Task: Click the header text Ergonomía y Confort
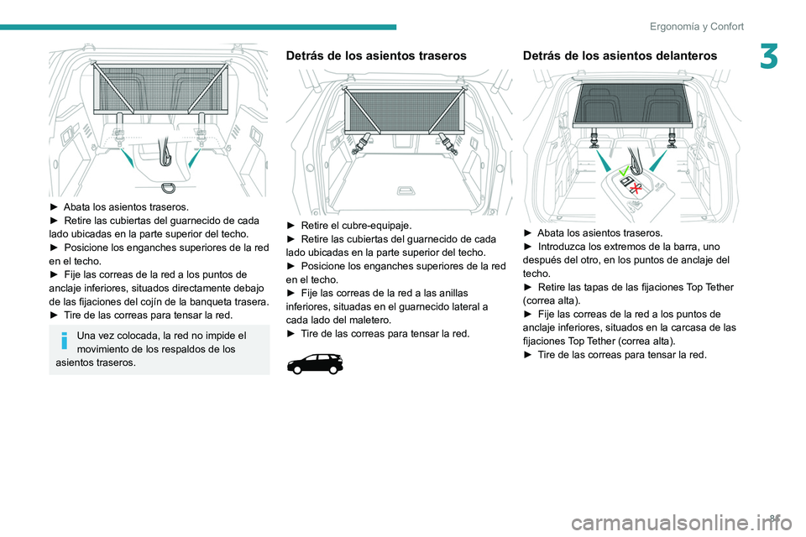(696, 26)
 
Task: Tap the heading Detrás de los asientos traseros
(376, 56)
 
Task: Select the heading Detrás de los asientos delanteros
(620, 56)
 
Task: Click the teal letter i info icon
(64, 341)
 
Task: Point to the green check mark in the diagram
(622, 171)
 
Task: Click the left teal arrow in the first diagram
(126, 158)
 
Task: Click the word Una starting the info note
(87, 336)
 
